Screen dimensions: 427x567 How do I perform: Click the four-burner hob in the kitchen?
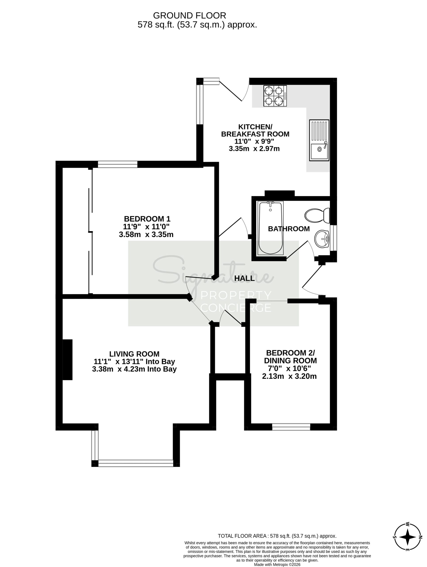[275, 96]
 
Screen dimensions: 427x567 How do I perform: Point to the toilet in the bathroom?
[317, 215]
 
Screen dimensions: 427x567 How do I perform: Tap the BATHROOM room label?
[289, 229]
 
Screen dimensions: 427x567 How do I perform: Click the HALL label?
[245, 278]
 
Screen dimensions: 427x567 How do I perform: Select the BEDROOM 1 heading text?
[147, 219]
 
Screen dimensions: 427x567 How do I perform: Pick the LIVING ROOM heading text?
[134, 354]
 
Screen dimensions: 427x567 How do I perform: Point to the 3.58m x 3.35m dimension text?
[146, 234]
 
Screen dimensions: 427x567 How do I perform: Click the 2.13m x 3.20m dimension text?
[289, 376]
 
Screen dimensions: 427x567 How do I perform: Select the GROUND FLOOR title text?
[190, 16]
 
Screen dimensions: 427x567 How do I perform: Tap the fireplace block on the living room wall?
[68, 360]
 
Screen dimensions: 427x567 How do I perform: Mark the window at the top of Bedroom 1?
[117, 164]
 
